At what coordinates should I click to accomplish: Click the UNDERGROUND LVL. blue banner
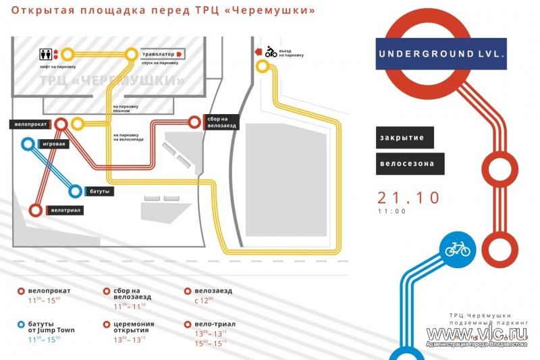click(442, 54)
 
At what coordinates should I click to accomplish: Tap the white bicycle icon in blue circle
click(457, 249)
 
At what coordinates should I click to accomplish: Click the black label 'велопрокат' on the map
click(31, 124)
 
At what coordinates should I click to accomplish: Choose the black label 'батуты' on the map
click(99, 192)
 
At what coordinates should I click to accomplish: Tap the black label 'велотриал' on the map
click(66, 211)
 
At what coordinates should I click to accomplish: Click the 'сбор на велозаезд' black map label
click(222, 122)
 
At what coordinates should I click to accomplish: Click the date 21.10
click(408, 197)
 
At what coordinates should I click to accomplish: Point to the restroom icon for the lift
click(48, 53)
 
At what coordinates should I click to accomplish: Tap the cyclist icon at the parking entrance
click(270, 51)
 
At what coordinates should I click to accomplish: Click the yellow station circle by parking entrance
click(262, 67)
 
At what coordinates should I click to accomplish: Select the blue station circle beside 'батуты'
click(75, 192)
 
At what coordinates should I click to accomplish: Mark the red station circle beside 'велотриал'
click(36, 211)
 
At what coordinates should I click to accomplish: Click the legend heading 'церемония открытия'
click(129, 328)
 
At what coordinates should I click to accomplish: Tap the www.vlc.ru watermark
click(476, 334)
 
